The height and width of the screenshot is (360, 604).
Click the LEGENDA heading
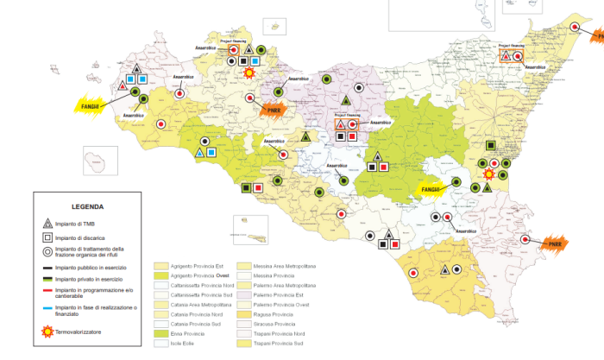[x=88, y=207]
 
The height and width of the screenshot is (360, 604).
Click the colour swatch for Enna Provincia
[x=160, y=332]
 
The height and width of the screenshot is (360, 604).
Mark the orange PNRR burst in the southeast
[x=551, y=244]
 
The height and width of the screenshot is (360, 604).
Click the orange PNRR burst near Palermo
[x=273, y=110]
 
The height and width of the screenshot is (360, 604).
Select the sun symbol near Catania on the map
[x=489, y=174]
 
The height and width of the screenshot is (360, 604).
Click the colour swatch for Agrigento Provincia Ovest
[x=160, y=275]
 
